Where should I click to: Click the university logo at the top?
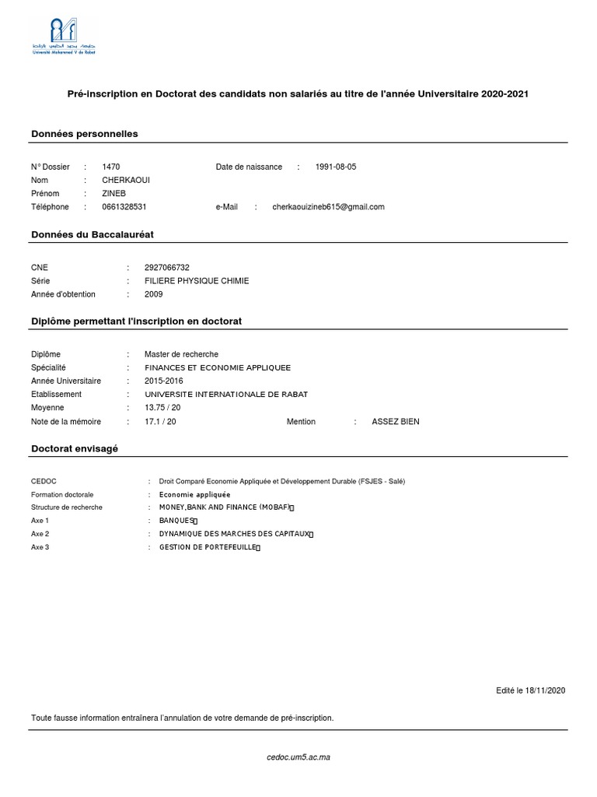tap(65, 35)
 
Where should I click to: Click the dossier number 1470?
tap(111, 167)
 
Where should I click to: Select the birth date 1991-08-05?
tap(336, 167)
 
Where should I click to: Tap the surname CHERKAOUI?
tap(126, 180)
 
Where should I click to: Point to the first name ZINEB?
tap(113, 193)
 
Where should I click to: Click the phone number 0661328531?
tap(124, 207)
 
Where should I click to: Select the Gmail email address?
tap(328, 207)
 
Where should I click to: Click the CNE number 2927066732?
tap(167, 267)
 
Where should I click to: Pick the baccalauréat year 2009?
tap(154, 294)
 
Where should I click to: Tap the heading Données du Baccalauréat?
tap(97, 234)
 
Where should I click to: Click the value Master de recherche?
tap(181, 354)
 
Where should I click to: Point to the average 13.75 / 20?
tap(162, 408)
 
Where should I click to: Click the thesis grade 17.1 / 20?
tap(160, 421)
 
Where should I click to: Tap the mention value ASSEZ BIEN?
tap(396, 421)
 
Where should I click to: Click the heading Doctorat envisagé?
tap(75, 449)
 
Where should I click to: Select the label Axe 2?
tap(40, 534)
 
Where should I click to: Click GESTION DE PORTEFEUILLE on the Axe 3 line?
tap(208, 547)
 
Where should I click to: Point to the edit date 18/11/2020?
tap(545, 690)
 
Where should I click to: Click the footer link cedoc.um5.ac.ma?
tap(298, 757)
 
